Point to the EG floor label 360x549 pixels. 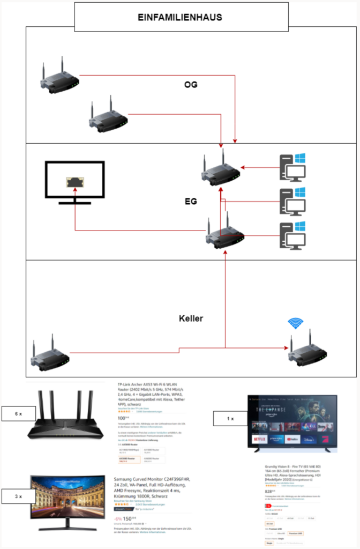191,202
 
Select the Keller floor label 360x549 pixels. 191,318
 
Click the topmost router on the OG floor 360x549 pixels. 60,77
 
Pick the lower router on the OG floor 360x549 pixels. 108,116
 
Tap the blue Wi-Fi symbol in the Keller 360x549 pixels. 295,323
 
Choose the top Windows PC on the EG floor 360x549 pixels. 292,167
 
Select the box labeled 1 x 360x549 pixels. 229,418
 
